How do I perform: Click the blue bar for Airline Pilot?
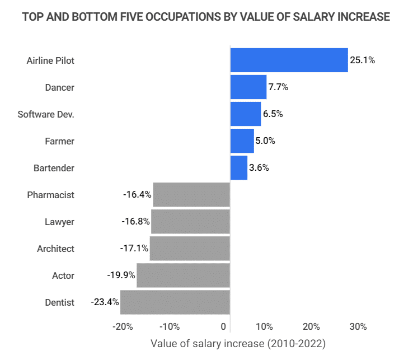(289, 60)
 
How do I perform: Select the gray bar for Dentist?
(175, 302)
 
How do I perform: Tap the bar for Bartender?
(239, 168)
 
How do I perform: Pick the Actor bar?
(184, 275)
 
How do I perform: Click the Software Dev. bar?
(246, 114)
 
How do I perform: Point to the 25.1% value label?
(362, 60)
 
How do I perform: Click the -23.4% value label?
(105, 302)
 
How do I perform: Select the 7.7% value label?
(278, 87)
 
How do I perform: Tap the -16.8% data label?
(135, 222)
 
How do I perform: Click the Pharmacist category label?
(50, 195)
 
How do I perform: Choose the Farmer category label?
(59, 141)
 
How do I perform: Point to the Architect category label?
(55, 249)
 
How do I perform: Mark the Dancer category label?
(59, 87)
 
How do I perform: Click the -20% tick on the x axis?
(122, 326)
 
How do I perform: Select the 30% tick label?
(358, 326)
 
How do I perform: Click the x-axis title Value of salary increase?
(238, 343)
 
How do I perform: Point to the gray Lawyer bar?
(191, 222)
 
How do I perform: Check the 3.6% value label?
(259, 168)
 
